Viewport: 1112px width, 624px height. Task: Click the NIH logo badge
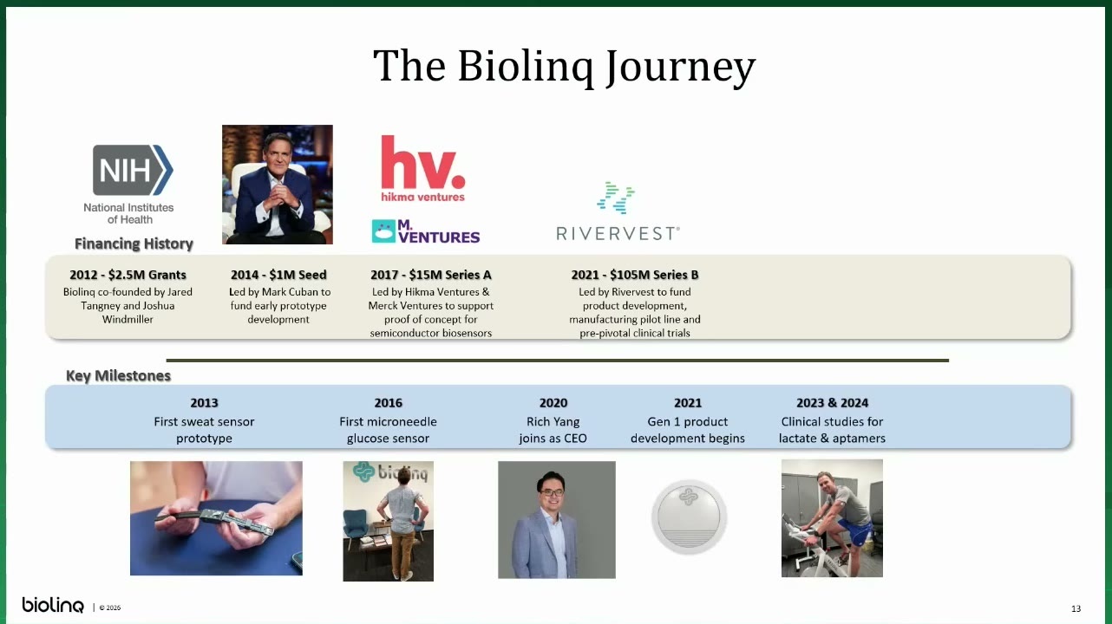point(133,170)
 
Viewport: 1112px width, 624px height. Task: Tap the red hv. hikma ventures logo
point(423,169)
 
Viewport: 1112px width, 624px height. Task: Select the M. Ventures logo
point(425,231)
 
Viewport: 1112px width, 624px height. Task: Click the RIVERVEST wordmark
point(618,233)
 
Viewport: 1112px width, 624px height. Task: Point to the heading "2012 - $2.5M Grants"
point(128,275)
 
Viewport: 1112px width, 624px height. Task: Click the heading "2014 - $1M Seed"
point(278,275)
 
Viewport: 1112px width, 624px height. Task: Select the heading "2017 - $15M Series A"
point(431,275)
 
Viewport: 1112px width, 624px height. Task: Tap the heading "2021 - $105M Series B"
point(634,275)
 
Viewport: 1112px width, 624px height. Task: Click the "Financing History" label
point(134,244)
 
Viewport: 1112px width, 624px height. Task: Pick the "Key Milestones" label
point(118,375)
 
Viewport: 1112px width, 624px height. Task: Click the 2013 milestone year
point(204,402)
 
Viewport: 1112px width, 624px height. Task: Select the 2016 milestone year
point(389,402)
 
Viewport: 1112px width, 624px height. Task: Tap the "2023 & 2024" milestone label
point(832,402)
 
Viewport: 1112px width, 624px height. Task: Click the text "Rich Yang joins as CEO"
point(553,430)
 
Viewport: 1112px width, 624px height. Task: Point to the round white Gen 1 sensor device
point(689,517)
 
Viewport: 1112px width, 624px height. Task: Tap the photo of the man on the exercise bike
point(832,518)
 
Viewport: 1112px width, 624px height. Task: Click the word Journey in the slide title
point(681,67)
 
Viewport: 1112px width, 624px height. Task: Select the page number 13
point(1076,608)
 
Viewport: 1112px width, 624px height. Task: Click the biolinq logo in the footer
point(53,605)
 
